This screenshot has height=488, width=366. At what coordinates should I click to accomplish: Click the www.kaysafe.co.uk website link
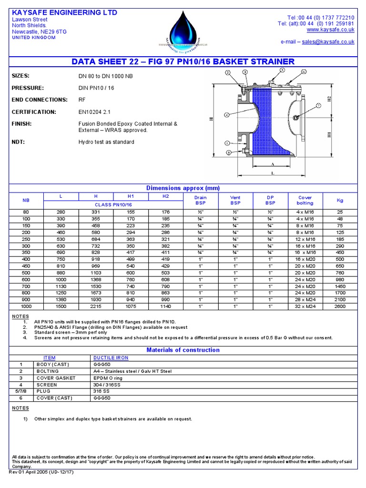[334, 30]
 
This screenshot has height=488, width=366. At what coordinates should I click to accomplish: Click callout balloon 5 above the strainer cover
[282, 70]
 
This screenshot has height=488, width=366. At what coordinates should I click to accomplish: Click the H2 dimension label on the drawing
[329, 101]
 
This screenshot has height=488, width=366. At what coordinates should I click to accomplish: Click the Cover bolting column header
[305, 200]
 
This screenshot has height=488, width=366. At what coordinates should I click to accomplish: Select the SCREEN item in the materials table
[46, 384]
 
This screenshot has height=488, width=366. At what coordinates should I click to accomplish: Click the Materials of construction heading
[183, 350]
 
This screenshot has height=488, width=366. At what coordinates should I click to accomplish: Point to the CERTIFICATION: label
[34, 112]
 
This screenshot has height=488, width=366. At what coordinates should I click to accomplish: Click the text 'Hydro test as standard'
[106, 142]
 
